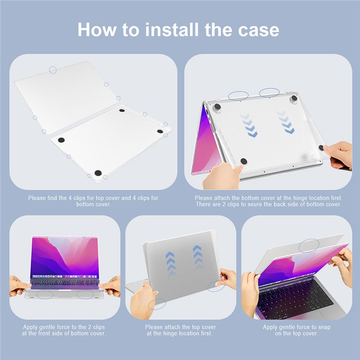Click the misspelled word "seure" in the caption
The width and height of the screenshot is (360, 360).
tap(253, 204)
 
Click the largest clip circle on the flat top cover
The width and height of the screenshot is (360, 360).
tap(53, 70)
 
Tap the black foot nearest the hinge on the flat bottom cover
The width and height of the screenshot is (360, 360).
tap(122, 110)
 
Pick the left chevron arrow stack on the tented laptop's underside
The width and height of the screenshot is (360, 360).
tap(249, 125)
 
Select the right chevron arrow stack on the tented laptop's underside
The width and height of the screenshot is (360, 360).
tap(286, 122)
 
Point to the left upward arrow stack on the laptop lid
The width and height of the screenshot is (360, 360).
tap(170, 264)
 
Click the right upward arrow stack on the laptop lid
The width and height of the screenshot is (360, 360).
tap(198, 257)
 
